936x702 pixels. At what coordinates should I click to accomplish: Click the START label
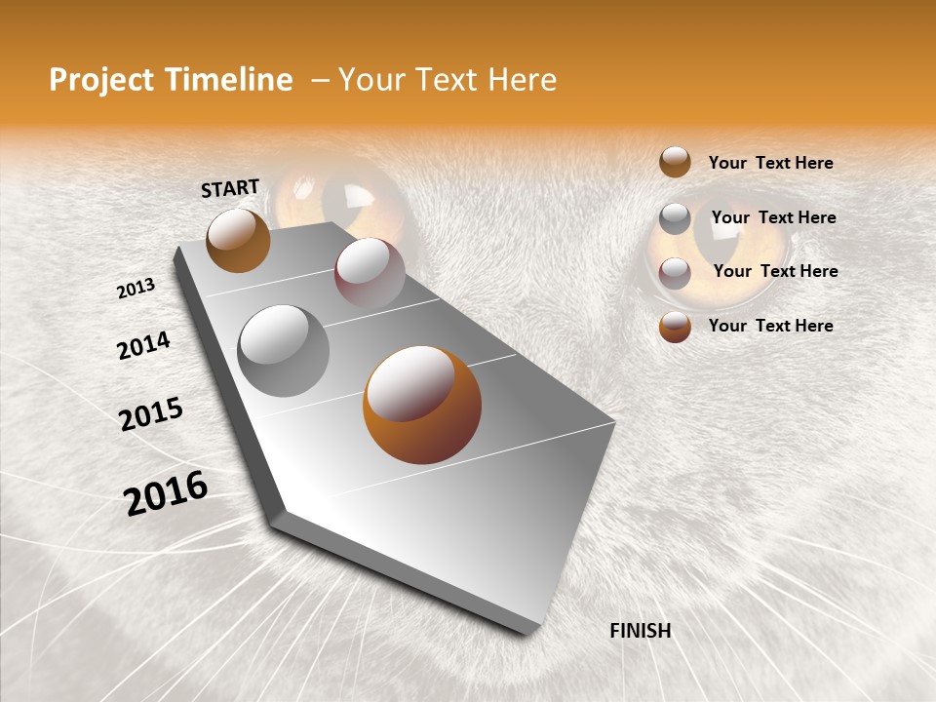tap(230, 187)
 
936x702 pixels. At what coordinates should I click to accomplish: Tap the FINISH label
tap(641, 631)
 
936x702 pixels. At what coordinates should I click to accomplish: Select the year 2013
tap(136, 289)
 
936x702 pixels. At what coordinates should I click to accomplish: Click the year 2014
tap(144, 345)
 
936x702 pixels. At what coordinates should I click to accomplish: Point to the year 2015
tap(151, 414)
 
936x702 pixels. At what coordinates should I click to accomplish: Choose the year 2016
tap(166, 493)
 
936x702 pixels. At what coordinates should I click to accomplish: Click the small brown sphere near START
tap(238, 240)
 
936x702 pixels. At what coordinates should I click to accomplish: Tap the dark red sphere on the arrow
tap(370, 272)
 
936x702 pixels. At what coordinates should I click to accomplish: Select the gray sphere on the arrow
tap(284, 351)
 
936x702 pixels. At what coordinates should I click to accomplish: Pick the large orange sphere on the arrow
tap(422, 405)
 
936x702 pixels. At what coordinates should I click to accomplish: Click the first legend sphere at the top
tap(675, 162)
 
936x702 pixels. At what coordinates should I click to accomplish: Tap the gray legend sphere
tap(675, 217)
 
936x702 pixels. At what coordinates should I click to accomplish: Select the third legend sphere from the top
tap(675, 272)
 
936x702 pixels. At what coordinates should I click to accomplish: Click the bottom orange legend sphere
tap(675, 327)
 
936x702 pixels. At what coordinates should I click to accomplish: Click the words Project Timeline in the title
tap(171, 80)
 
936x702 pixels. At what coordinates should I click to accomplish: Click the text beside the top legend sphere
tap(770, 163)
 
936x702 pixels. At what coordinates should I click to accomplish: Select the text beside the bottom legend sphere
tap(770, 326)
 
